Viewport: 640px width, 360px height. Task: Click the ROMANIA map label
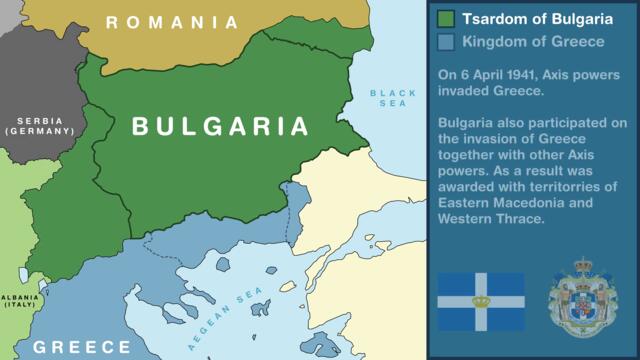[172, 22]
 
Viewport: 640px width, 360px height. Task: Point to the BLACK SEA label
[393, 98]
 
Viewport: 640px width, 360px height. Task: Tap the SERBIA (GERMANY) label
[40, 126]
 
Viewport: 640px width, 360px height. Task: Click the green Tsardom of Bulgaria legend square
[447, 19]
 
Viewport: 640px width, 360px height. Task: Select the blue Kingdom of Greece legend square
[447, 42]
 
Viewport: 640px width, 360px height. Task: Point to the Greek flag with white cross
[480, 301]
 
